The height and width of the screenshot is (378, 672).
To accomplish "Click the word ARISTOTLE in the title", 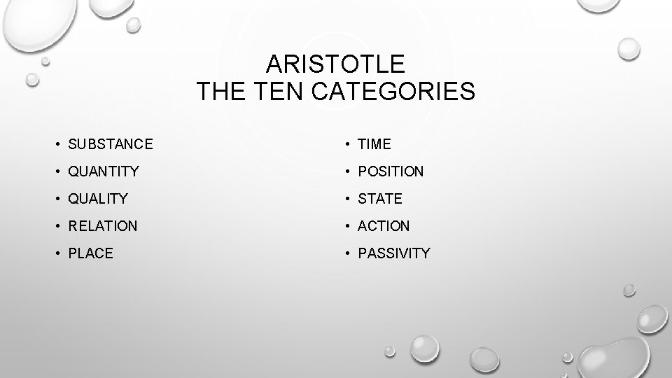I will (x=336, y=64).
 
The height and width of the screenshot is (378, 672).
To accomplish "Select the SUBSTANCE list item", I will (x=111, y=144).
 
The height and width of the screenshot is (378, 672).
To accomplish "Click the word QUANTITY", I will (x=104, y=171).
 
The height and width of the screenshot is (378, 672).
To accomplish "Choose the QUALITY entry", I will (x=98, y=199).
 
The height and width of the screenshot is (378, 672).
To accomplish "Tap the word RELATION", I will (x=103, y=226).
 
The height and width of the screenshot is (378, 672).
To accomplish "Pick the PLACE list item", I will (x=91, y=253).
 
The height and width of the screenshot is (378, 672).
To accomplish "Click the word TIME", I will (x=374, y=144).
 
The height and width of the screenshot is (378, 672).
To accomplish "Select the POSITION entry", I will (x=391, y=171).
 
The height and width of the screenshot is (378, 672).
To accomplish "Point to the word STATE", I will (x=380, y=199).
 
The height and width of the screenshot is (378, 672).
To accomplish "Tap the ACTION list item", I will (x=384, y=226).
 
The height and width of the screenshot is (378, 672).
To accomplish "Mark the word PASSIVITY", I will (x=394, y=253).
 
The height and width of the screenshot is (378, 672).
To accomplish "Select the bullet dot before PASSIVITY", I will (x=345, y=253).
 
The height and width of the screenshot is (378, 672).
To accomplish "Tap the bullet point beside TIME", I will (x=345, y=144).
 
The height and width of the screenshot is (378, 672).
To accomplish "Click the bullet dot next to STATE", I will (x=345, y=199).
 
